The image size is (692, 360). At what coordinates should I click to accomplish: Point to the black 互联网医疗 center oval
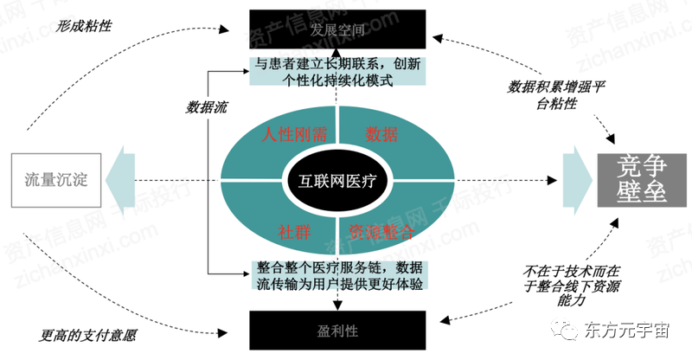click(338, 182)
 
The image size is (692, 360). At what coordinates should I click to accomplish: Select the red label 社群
click(292, 231)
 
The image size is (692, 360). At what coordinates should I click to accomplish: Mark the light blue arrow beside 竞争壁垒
click(575, 180)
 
